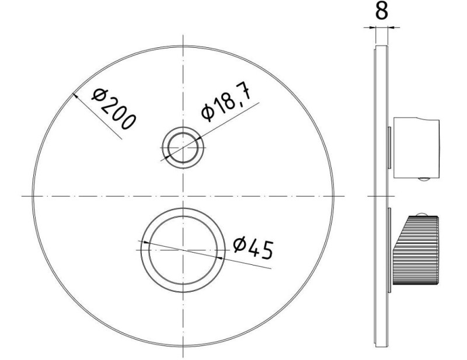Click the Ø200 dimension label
pos(114,109)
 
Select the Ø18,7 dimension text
pos(226,103)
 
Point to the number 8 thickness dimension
pos(382,11)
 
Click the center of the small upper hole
pos(183,148)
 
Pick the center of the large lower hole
pos(183,250)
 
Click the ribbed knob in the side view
pos(416,250)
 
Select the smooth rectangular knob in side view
pos(416,148)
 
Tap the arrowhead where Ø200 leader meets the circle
pos(75,95)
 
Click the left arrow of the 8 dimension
pos(372,27)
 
